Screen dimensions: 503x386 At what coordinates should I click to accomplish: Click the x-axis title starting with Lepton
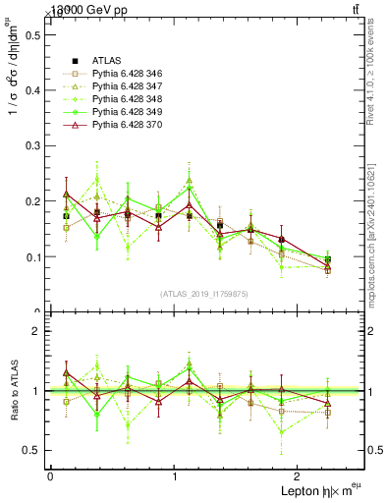coord(319,490)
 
